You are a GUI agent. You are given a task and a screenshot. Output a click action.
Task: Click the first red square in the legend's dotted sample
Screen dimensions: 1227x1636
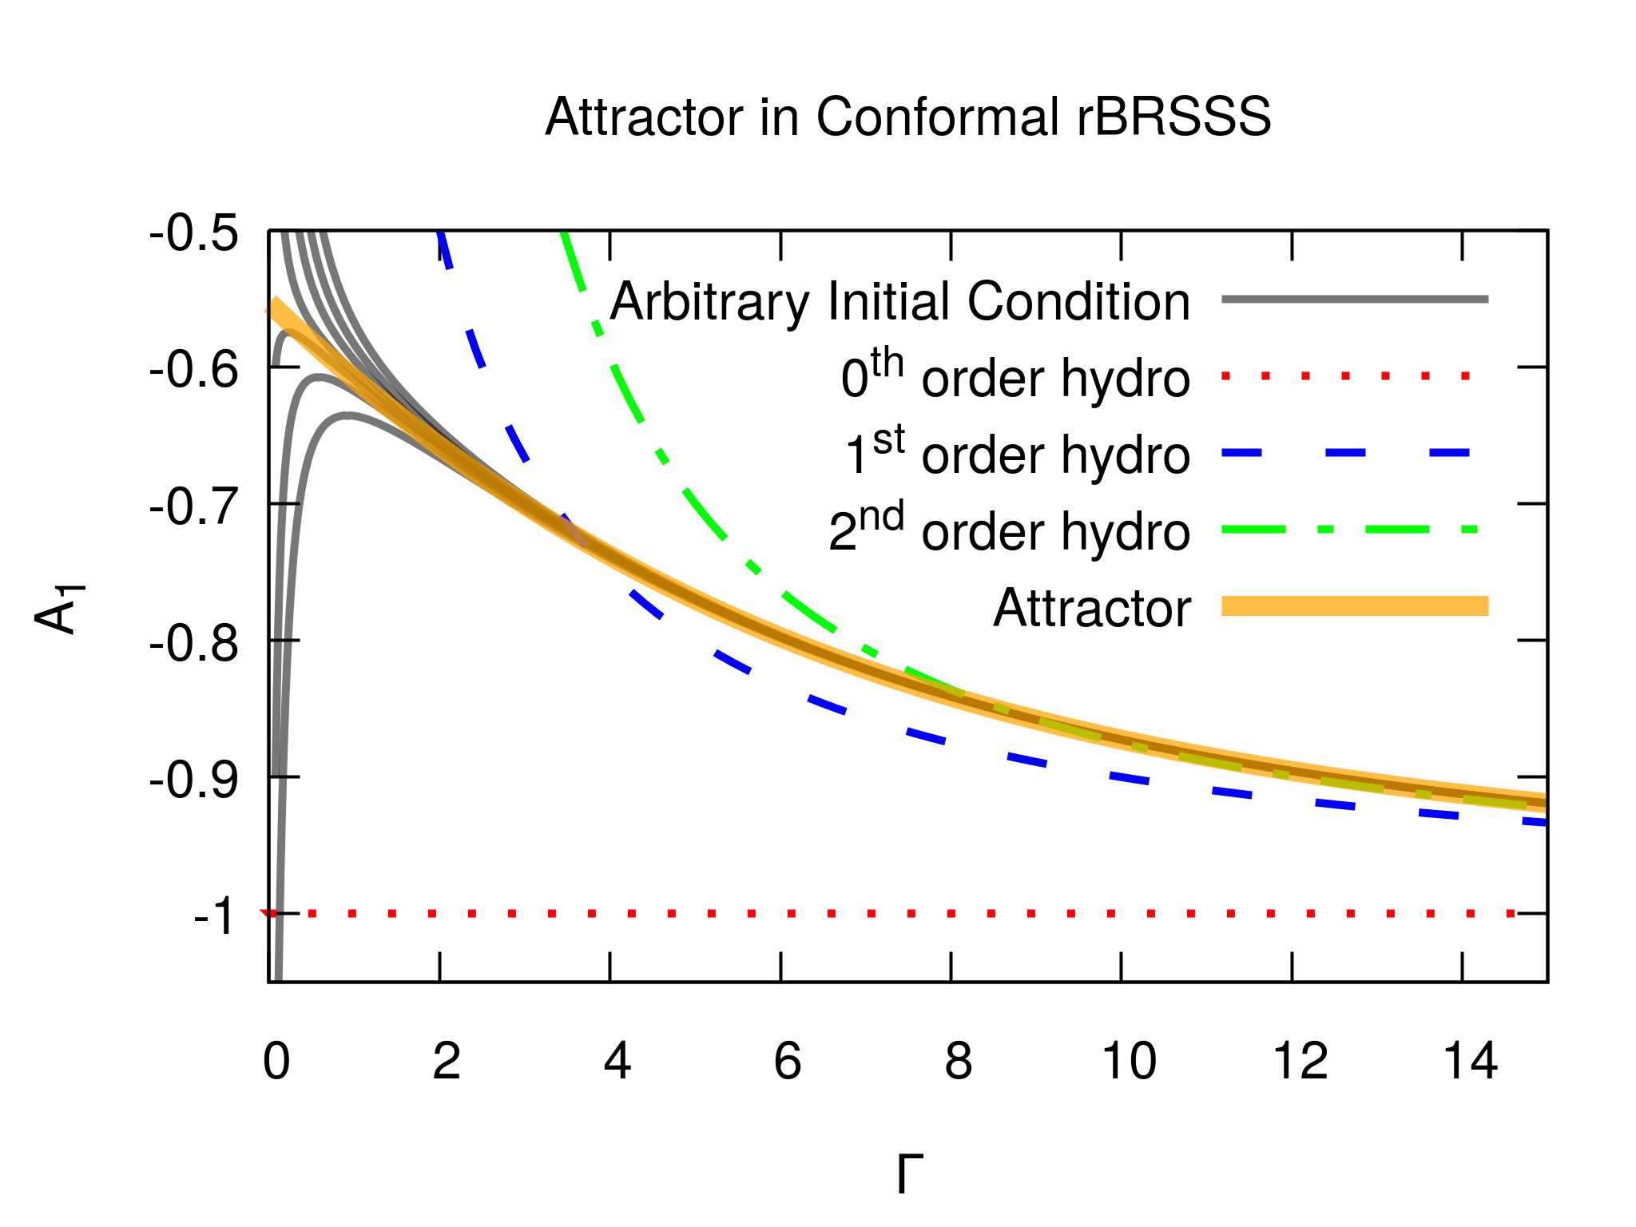point(1225,375)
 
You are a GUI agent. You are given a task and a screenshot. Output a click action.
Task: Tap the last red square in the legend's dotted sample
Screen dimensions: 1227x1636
point(1465,375)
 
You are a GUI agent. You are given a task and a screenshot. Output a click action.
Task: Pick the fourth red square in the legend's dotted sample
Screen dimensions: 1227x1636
point(1345,375)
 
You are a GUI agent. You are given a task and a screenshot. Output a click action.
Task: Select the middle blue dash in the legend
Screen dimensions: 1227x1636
point(1345,452)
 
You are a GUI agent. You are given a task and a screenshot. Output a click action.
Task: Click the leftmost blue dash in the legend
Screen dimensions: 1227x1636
point(1241,452)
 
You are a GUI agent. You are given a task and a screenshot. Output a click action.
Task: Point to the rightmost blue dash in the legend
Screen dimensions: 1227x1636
point(1449,452)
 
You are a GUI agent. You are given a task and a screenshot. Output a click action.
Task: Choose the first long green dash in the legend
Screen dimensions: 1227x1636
point(1253,529)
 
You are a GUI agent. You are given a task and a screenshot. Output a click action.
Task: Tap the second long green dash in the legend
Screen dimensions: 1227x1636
point(1397,529)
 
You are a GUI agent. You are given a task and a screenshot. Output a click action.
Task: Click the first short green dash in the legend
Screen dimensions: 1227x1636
point(1325,529)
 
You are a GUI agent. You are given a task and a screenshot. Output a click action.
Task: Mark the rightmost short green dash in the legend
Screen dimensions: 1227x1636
point(1469,529)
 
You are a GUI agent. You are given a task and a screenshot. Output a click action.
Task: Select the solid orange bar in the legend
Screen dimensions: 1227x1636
point(1355,606)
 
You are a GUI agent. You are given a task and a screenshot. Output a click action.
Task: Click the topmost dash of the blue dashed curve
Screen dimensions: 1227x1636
point(445,250)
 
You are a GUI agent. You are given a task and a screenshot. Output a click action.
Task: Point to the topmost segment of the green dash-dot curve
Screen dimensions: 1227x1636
point(574,260)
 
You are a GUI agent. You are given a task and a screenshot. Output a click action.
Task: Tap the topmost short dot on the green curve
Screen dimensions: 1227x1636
point(598,328)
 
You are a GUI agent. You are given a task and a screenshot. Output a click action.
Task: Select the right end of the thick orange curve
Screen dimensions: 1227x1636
point(1542,802)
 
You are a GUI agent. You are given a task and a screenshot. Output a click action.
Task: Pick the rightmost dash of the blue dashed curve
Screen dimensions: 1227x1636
point(1535,821)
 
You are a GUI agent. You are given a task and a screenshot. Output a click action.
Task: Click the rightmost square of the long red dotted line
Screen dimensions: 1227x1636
point(1510,913)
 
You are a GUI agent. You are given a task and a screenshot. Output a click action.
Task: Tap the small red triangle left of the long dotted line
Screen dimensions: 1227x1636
point(262,912)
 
